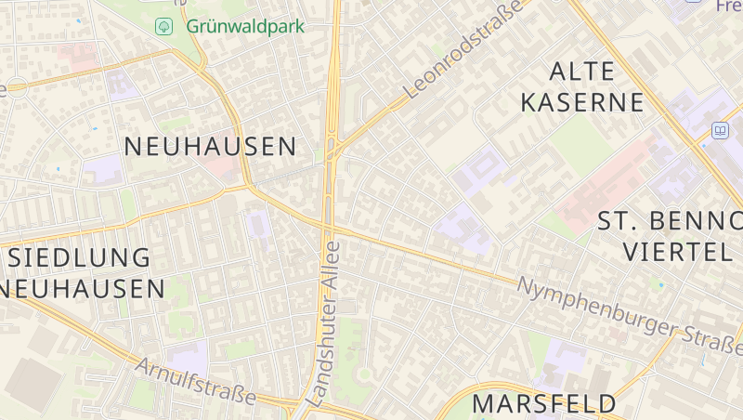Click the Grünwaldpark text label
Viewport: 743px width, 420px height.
point(245,26)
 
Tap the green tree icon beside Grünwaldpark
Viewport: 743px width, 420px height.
point(164,26)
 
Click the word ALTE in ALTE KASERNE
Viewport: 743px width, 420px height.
point(582,72)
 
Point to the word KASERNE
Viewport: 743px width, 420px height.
point(582,102)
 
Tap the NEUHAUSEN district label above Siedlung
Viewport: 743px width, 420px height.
point(210,146)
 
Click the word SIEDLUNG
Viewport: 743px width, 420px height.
point(78,257)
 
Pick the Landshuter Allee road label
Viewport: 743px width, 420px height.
point(324,325)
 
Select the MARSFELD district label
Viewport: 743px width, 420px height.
point(544,403)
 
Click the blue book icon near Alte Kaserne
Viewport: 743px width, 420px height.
point(720,131)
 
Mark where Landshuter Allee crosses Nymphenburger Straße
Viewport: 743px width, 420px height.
point(327,226)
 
